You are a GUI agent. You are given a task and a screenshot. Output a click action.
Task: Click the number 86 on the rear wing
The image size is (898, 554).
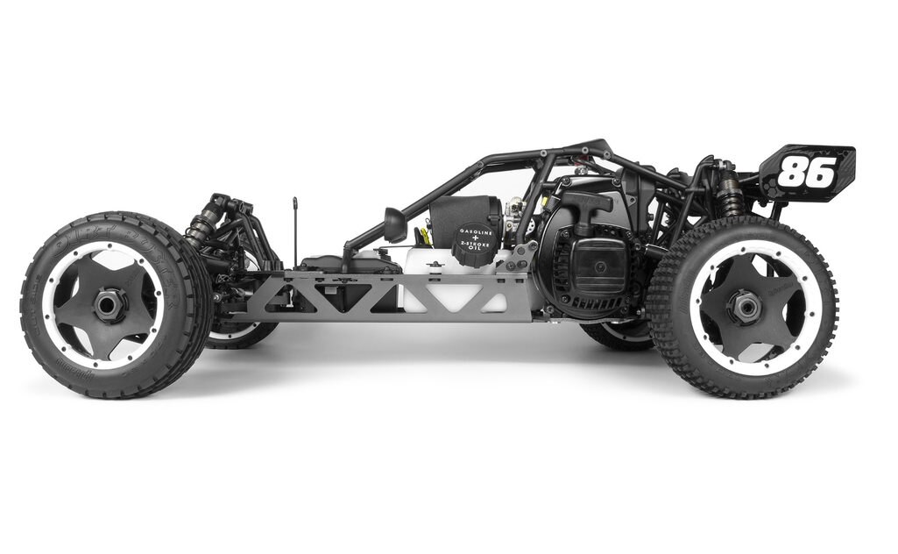click(806, 173)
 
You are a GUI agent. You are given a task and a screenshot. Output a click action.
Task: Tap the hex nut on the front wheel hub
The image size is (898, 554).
click(110, 306)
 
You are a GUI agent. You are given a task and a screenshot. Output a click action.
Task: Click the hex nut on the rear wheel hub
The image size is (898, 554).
click(746, 306)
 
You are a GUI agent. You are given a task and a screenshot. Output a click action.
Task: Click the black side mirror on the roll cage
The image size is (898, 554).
click(395, 224)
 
